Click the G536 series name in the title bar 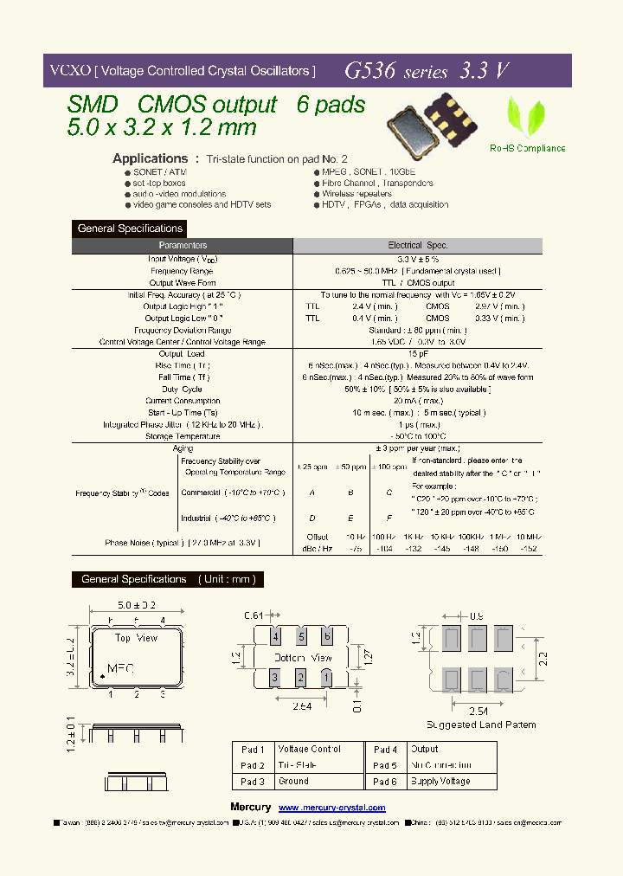(396, 72)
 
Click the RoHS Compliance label (527, 148)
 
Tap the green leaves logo (525, 117)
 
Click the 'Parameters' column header (183, 246)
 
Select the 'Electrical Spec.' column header (418, 246)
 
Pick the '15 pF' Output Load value (419, 354)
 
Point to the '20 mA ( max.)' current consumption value (419, 401)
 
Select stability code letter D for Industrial (311, 518)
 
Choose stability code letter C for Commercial (389, 493)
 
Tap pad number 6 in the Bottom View (326, 637)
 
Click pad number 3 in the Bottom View (276, 676)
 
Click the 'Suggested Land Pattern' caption (481, 725)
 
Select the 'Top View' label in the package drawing (137, 638)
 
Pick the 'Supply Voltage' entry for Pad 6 (441, 781)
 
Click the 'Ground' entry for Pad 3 (293, 781)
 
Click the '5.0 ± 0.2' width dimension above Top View (137, 604)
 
